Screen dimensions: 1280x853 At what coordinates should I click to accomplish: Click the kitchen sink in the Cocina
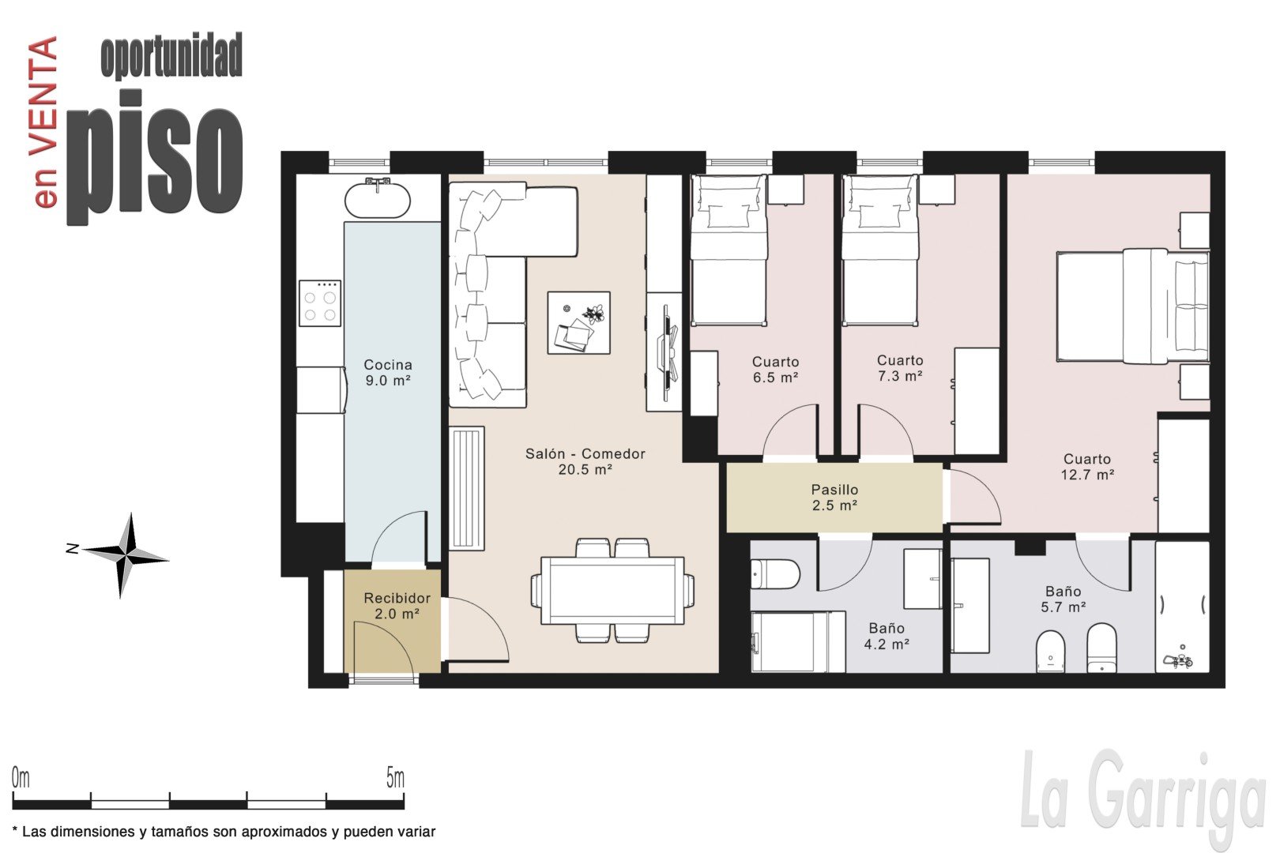click(377, 197)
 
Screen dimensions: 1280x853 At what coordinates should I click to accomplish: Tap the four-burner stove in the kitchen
click(320, 303)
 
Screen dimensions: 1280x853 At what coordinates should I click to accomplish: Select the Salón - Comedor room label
click(585, 461)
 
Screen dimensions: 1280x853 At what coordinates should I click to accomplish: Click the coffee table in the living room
click(579, 323)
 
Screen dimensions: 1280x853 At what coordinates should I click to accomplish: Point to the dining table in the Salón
click(612, 591)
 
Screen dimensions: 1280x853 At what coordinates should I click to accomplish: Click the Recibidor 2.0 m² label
click(397, 606)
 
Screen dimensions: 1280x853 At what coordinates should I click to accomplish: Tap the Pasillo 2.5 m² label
click(835, 497)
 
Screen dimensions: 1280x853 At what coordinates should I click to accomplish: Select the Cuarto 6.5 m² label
click(775, 369)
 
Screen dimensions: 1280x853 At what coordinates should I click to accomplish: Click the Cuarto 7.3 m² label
click(900, 368)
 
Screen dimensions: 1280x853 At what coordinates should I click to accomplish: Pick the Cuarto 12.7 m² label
click(1087, 466)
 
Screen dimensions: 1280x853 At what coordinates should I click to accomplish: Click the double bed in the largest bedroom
click(1132, 306)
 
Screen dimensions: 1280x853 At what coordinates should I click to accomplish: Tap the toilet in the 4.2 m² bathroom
click(775, 573)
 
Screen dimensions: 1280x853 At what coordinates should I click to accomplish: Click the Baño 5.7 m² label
click(1063, 599)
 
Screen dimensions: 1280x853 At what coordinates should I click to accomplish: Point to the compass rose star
click(126, 554)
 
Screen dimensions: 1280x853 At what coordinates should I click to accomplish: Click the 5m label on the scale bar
click(395, 778)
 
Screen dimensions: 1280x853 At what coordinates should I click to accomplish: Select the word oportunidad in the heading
click(171, 55)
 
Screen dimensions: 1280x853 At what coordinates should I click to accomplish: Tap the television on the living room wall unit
click(668, 352)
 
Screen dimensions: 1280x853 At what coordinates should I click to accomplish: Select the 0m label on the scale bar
click(21, 778)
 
